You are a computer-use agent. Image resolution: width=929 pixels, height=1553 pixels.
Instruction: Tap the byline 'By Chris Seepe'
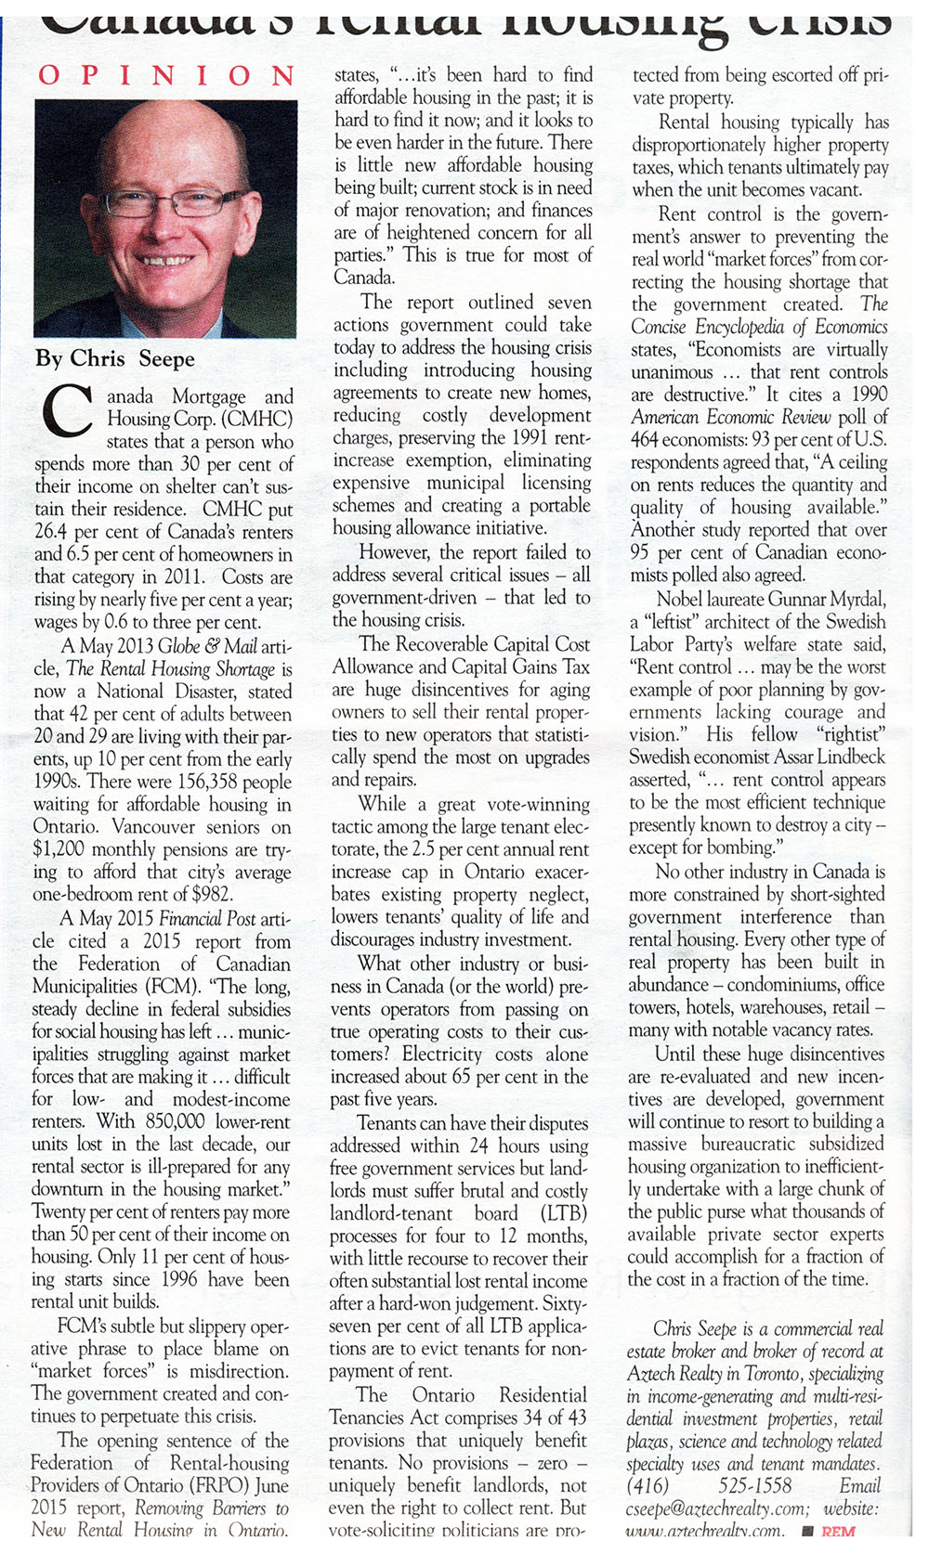tap(115, 358)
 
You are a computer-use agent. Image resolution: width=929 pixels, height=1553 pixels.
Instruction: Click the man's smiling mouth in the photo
tap(167, 261)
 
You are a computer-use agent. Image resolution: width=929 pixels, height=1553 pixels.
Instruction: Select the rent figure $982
tap(211, 895)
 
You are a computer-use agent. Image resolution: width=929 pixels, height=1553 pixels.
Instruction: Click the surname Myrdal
tap(854, 599)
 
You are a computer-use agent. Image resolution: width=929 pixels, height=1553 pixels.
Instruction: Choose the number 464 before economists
tap(647, 440)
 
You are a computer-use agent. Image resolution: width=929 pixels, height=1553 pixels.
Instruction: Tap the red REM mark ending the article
tap(838, 1532)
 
